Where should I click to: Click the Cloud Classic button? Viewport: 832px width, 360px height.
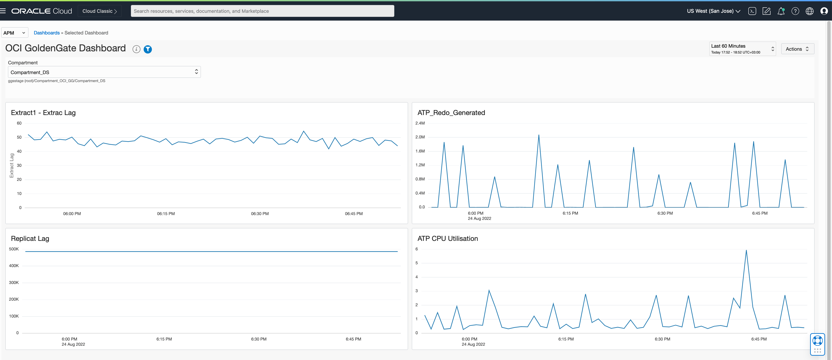click(99, 11)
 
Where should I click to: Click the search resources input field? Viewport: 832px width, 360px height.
click(262, 11)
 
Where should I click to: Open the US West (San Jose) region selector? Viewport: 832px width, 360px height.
click(713, 11)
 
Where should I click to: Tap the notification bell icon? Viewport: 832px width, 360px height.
click(781, 11)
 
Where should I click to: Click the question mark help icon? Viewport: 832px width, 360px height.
click(795, 11)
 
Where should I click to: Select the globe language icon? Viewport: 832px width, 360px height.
click(809, 11)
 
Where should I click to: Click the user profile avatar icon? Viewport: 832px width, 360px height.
click(824, 11)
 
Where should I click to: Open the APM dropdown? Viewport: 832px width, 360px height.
click(15, 33)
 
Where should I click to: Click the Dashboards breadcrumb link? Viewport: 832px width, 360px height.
click(47, 33)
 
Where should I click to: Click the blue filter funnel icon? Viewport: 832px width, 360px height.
click(148, 49)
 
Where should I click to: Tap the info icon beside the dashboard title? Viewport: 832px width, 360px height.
click(136, 49)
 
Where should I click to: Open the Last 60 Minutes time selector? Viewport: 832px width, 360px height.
click(742, 49)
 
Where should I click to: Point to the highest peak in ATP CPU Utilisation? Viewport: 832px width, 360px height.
click(746, 250)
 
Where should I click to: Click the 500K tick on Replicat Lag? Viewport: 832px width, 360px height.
click(14, 249)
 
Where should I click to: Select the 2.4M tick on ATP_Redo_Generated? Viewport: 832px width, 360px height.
click(420, 123)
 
